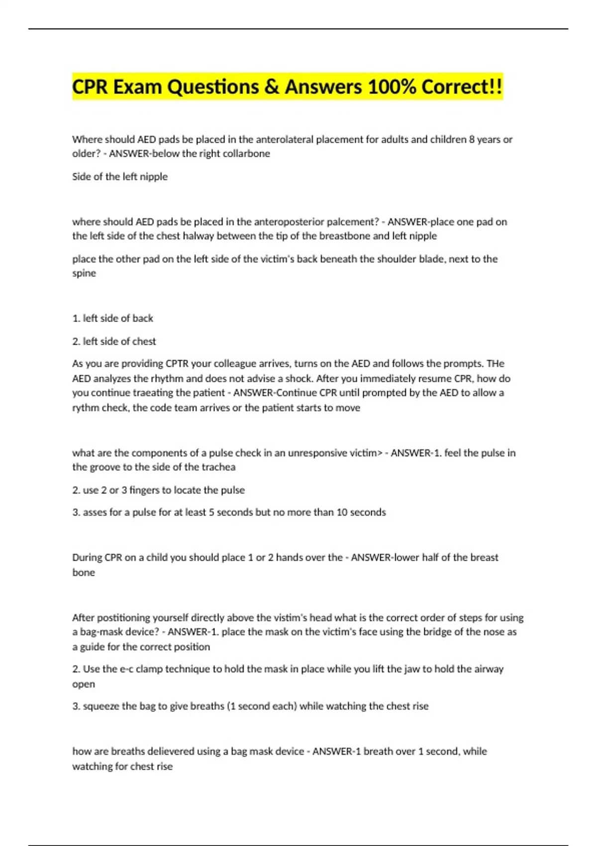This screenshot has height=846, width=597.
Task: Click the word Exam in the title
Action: pyautogui.click(x=136, y=87)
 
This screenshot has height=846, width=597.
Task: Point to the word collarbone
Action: pyautogui.click(x=244, y=154)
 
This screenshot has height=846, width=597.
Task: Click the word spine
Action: pyautogui.click(x=84, y=273)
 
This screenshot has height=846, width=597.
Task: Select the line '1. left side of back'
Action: pyautogui.click(x=112, y=318)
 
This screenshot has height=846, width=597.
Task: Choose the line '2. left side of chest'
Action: pyautogui.click(x=114, y=341)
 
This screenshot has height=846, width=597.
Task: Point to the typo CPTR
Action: pyautogui.click(x=178, y=364)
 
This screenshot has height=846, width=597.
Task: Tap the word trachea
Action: pyautogui.click(x=216, y=467)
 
